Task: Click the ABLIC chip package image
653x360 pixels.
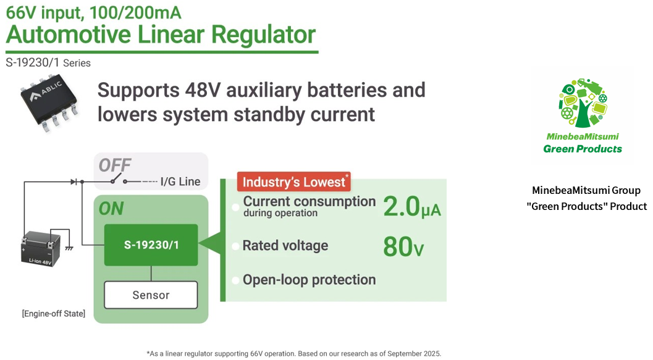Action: pos(49,102)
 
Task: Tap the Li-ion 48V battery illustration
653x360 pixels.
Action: pos(40,249)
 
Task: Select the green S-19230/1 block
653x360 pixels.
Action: pos(151,245)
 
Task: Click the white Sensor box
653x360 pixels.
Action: pos(151,295)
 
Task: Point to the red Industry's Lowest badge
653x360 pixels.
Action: pos(294,182)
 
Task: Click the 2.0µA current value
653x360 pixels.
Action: pos(411,206)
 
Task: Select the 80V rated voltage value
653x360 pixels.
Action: pos(403,246)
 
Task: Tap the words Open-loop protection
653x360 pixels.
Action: pos(309,280)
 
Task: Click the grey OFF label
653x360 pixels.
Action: pos(114,165)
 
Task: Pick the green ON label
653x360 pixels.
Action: pos(111,209)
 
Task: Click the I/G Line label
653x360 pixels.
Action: pos(180,182)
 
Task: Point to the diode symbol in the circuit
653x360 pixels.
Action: pos(74,182)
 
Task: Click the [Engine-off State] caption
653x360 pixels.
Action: pos(53,314)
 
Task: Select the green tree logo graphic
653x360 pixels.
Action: pos(583,103)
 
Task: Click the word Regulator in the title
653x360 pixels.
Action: pos(263,35)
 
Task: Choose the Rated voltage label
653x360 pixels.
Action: pos(285,246)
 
